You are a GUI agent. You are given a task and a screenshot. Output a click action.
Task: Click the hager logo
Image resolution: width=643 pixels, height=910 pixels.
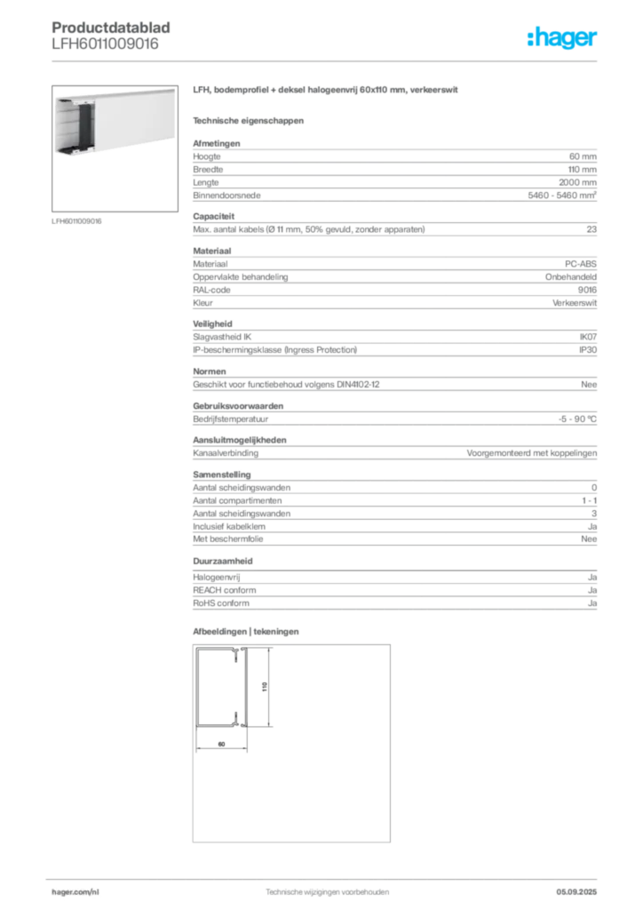pyautogui.click(x=561, y=37)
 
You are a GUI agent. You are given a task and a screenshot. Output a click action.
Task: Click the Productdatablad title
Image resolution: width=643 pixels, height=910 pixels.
pyautogui.click(x=111, y=28)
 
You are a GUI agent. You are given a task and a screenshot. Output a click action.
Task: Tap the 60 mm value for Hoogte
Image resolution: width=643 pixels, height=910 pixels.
pyautogui.click(x=583, y=156)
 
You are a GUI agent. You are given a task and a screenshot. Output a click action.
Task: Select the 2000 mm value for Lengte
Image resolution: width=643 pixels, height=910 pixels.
pyautogui.click(x=577, y=182)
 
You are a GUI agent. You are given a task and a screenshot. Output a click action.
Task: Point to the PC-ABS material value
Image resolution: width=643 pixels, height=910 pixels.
pyautogui.click(x=580, y=264)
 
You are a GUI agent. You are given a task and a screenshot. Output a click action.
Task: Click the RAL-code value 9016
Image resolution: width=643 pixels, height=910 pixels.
pyautogui.click(x=587, y=290)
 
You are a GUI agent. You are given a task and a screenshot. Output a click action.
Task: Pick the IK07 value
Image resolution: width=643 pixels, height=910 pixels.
pyautogui.click(x=588, y=337)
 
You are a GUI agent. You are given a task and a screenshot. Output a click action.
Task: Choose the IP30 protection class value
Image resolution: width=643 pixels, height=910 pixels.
pyautogui.click(x=588, y=350)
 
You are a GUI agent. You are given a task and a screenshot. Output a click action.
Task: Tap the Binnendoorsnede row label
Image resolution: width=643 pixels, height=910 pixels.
pyautogui.click(x=226, y=196)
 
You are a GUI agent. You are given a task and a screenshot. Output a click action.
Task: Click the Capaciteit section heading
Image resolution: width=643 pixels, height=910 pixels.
pyautogui.click(x=213, y=217)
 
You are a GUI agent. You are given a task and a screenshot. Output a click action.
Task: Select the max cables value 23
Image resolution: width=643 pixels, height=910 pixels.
pyautogui.click(x=591, y=229)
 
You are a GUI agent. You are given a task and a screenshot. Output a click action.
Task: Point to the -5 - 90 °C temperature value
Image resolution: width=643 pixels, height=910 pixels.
pyautogui.click(x=577, y=419)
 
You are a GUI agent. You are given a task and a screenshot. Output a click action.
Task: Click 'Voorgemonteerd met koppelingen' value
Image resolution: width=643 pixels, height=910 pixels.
pyautogui.click(x=532, y=453)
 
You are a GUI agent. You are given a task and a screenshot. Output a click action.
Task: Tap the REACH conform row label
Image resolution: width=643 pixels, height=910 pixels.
pyautogui.click(x=225, y=590)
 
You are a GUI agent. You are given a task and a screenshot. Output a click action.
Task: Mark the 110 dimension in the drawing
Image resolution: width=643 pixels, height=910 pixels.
pyautogui.click(x=265, y=687)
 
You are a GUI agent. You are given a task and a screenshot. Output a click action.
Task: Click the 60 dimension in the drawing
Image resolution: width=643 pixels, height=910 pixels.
pyautogui.click(x=221, y=744)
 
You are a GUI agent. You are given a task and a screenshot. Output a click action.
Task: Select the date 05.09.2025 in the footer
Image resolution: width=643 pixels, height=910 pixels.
pyautogui.click(x=576, y=892)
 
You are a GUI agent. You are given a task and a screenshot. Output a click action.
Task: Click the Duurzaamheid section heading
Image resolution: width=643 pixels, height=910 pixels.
pyautogui.click(x=223, y=562)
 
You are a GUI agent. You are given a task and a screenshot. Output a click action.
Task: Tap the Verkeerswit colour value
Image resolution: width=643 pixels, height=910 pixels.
pyautogui.click(x=575, y=303)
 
